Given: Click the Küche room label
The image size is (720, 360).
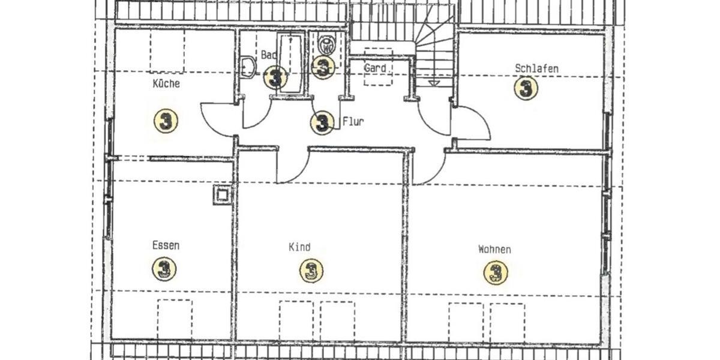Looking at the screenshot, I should (166, 84).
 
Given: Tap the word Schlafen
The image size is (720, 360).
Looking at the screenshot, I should (536, 68).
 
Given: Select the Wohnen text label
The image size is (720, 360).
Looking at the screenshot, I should (494, 249).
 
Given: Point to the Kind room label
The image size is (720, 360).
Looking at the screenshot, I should (299, 247).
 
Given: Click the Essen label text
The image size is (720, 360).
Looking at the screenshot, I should (166, 245).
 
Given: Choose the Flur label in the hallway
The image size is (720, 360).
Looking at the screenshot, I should (353, 121).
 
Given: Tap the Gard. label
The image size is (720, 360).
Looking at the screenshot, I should (376, 68).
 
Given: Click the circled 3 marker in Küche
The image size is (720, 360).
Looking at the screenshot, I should (166, 121).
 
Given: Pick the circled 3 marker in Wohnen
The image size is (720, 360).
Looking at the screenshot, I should (496, 273).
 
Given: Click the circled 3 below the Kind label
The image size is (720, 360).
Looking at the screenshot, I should (311, 271).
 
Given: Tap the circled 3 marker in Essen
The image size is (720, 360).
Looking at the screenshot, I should (164, 268).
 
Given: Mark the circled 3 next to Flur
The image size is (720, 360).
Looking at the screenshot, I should (322, 123).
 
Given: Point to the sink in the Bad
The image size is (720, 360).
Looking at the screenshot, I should (247, 67).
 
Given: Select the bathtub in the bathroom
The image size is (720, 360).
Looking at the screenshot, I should (290, 63).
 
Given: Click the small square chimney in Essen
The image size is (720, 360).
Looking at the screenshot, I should (221, 194).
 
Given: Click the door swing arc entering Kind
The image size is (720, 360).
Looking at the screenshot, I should (291, 169).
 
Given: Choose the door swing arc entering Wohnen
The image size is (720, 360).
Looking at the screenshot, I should (428, 169).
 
